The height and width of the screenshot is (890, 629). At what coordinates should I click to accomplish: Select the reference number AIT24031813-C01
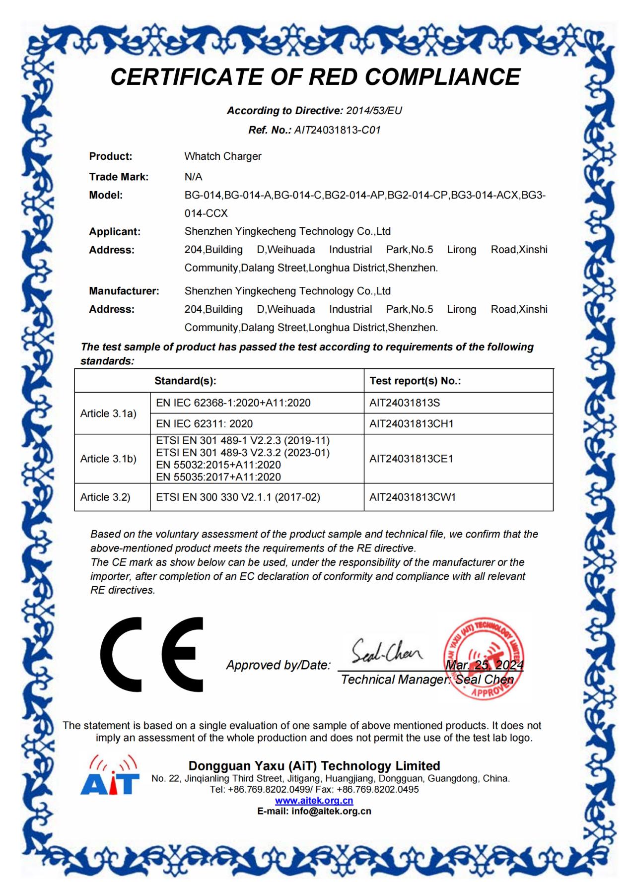[x=337, y=130]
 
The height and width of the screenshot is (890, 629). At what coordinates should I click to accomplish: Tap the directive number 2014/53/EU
[x=374, y=110]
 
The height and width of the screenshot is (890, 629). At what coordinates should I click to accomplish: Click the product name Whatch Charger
[x=222, y=156]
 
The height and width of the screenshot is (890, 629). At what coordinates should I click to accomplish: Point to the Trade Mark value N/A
[x=193, y=177]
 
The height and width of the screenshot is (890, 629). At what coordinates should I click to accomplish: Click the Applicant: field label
[x=115, y=231]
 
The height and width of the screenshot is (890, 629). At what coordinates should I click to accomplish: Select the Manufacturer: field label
[x=124, y=291]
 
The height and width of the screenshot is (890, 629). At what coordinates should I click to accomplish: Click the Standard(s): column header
[x=185, y=381]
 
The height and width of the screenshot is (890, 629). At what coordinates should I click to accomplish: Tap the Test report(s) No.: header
[x=415, y=381]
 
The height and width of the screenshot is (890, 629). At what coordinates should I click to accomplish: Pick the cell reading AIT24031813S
[x=405, y=403]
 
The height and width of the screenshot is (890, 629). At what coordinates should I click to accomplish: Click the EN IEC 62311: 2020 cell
[x=204, y=423]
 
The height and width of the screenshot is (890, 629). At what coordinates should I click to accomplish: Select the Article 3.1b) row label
[x=108, y=459]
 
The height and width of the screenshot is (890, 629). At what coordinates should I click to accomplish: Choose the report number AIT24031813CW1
[x=412, y=497]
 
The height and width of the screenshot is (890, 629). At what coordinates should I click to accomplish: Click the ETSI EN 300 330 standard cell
[x=238, y=497]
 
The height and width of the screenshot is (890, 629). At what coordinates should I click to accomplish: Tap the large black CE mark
[x=152, y=654]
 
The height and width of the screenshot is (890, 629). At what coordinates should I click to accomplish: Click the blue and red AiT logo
[x=109, y=775]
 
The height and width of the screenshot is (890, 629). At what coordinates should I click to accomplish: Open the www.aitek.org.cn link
[x=314, y=800]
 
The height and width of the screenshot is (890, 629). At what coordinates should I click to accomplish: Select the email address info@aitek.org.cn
[x=331, y=811]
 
